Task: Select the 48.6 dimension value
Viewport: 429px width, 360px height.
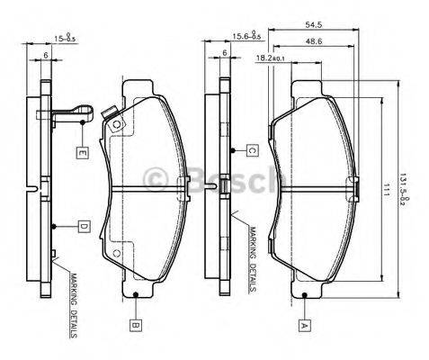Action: coord(315,42)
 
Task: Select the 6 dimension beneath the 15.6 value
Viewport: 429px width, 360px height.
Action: coord(224,53)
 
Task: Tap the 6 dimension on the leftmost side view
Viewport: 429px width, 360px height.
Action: coord(46,53)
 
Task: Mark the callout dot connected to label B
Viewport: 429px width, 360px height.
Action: coord(135,294)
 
